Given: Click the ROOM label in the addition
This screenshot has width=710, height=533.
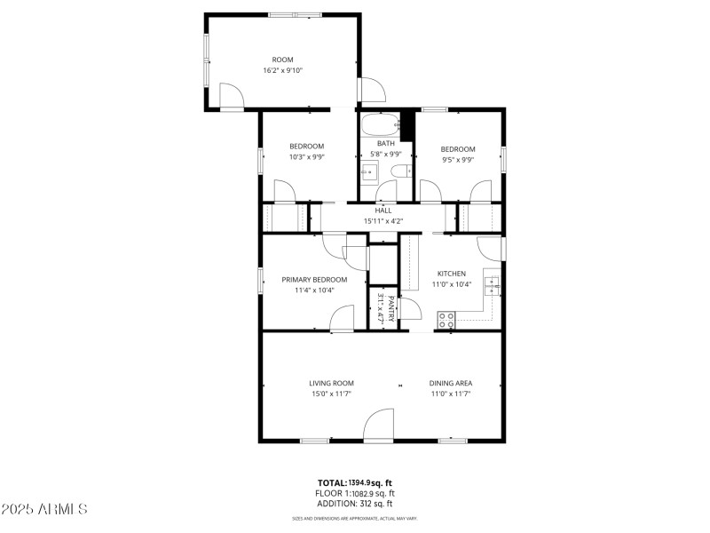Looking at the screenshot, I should [x=282, y=60].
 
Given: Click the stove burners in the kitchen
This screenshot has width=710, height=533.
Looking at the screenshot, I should [x=446, y=318].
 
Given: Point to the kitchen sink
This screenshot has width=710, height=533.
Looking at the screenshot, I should [x=492, y=285].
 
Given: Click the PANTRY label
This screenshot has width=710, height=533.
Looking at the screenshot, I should [x=391, y=306].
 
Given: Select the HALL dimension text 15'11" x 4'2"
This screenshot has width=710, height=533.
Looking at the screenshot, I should [x=383, y=221].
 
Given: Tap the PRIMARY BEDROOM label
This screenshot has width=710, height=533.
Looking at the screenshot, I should [x=314, y=279].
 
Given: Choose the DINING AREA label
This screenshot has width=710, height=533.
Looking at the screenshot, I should [x=451, y=383].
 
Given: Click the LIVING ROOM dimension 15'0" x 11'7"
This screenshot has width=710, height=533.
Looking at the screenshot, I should [x=331, y=394].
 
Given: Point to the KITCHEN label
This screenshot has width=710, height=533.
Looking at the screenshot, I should [x=451, y=274].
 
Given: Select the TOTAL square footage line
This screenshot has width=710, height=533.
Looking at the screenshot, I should [x=355, y=482].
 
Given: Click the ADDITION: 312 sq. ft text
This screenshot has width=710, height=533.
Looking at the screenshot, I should [x=355, y=503].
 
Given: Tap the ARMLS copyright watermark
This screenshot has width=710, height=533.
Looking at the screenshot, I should [x=44, y=509].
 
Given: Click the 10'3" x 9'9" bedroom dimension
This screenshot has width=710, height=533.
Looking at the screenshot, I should [x=306, y=157].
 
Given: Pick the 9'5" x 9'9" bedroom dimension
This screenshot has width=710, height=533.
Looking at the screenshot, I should [x=458, y=160].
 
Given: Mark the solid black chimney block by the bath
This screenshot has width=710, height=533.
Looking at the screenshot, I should [x=408, y=125].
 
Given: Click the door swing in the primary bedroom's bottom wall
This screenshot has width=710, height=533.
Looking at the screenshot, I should [x=342, y=319].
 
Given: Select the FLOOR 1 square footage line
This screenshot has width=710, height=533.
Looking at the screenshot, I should [x=355, y=493].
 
